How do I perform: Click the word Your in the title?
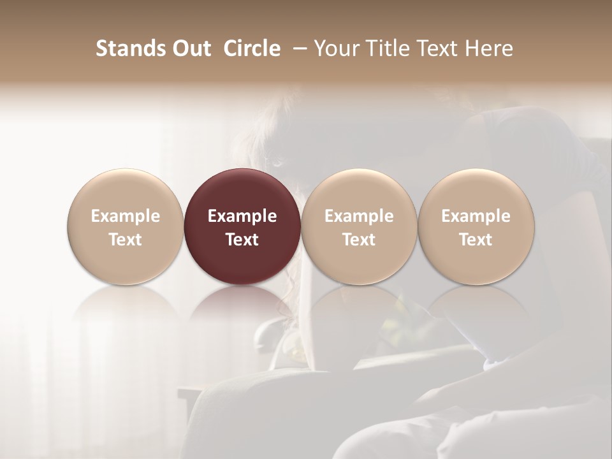(x=336, y=48)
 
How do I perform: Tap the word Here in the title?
(x=488, y=48)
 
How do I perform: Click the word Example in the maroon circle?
(x=242, y=216)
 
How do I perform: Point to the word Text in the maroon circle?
(x=242, y=240)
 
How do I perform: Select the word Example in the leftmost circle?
(x=126, y=216)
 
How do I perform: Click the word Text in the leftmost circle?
(x=126, y=240)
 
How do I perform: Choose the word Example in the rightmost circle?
(x=476, y=216)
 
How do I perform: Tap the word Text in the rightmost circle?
(x=476, y=240)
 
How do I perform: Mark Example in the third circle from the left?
(x=360, y=216)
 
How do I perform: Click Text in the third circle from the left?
(x=360, y=240)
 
